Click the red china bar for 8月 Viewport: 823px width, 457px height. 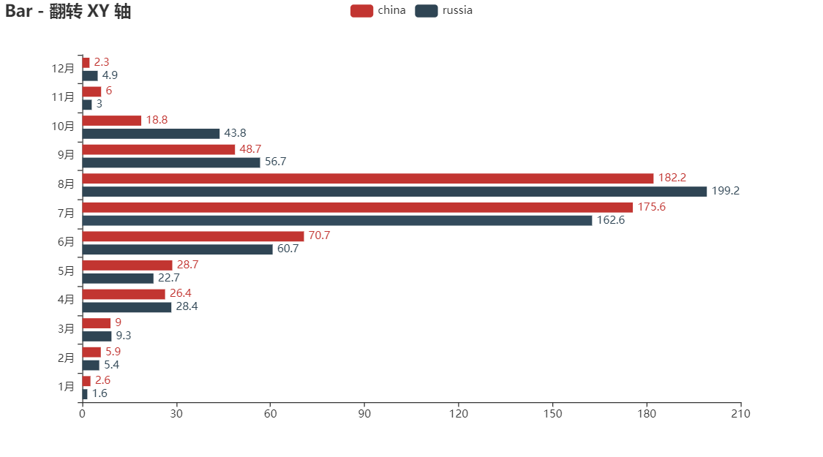coord(368,178)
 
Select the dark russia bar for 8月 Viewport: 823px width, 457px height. coord(395,192)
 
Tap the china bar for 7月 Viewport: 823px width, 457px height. coord(358,208)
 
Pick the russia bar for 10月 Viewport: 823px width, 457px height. coord(151,134)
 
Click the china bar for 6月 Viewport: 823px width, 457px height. coord(193,236)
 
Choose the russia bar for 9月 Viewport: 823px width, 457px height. coord(171,162)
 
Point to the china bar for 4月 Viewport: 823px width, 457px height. coord(124,294)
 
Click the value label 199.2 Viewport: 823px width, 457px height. coord(726,191)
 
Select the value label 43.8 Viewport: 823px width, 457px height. coord(235,133)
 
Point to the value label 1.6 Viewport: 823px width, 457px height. coord(99,393)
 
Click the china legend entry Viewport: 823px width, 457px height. coord(378,10)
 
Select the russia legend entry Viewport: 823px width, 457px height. coord(444,10)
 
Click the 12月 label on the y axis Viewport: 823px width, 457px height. coord(63,69)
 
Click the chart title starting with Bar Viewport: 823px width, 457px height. coord(68,11)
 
